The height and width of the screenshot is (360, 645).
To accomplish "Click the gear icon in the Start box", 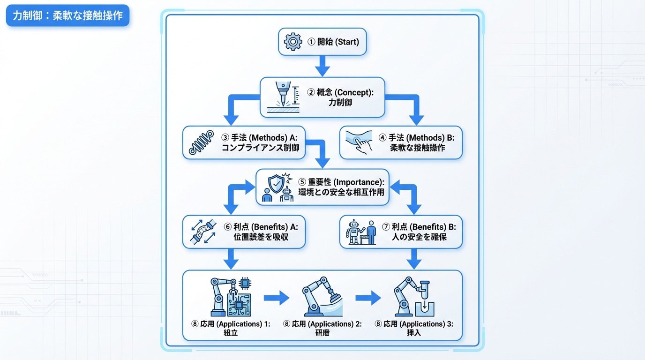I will (x=293, y=42).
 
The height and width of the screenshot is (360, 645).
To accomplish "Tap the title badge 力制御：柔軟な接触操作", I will (x=67, y=15).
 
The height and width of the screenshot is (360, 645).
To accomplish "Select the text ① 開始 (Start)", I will (x=333, y=42).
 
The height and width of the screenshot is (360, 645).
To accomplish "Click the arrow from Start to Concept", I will (x=322, y=66).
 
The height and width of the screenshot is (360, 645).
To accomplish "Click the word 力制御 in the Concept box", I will (x=340, y=103).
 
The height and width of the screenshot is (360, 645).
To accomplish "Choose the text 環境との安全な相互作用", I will (x=341, y=192).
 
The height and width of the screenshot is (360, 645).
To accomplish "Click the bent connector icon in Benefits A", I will (x=202, y=232).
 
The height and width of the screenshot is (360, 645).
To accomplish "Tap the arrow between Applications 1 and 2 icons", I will (x=277, y=298).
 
